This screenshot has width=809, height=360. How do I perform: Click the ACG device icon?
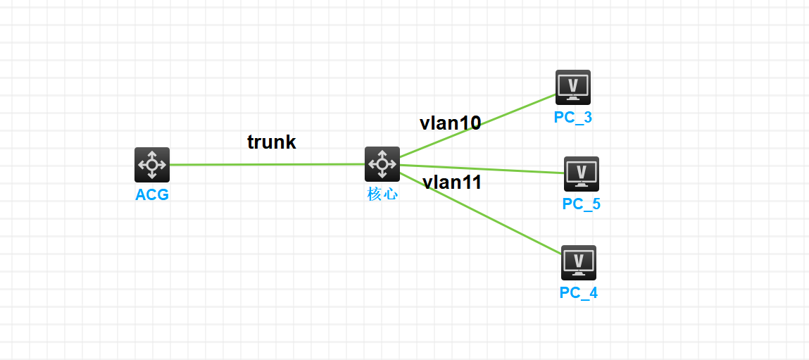pyautogui.click(x=152, y=165)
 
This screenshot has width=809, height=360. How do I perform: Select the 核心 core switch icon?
pyautogui.click(x=382, y=164)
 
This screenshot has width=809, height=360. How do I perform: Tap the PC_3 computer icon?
pyautogui.click(x=573, y=87)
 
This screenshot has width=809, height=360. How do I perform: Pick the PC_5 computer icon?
pyautogui.click(x=582, y=174)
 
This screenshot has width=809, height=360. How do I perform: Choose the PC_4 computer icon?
pyautogui.click(x=579, y=263)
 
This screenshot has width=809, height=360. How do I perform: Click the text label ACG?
pyautogui.click(x=152, y=195)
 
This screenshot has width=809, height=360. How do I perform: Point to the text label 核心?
pyautogui.click(x=382, y=194)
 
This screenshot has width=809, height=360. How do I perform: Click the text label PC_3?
pyautogui.click(x=573, y=118)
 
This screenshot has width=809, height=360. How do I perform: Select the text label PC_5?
pyautogui.click(x=582, y=204)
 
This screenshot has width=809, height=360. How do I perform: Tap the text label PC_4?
pyautogui.click(x=579, y=293)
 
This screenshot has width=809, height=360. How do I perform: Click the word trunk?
pyautogui.click(x=272, y=142)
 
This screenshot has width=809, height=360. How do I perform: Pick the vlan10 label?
pyautogui.click(x=451, y=123)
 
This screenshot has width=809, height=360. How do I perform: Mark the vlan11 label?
pyautogui.click(x=452, y=182)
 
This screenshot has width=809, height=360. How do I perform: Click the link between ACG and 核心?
pyautogui.click(x=268, y=165)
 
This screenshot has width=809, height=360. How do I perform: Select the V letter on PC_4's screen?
pyautogui.click(x=579, y=261)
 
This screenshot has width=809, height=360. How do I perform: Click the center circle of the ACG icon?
pyautogui.click(x=152, y=165)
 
